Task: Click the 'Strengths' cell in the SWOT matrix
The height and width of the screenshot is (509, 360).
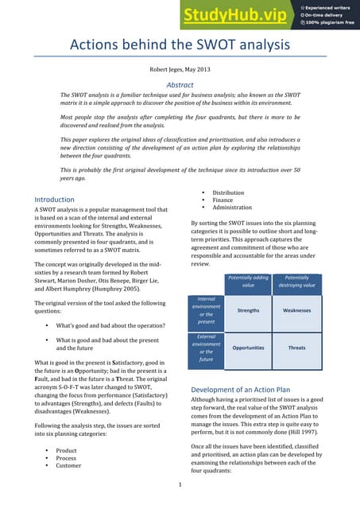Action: click(248, 311)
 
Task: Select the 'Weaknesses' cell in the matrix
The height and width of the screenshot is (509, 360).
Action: click(296, 311)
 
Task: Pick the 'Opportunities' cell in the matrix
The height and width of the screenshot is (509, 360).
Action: click(248, 348)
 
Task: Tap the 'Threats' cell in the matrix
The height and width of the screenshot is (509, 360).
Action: click(296, 348)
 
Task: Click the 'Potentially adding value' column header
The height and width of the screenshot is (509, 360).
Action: click(248, 281)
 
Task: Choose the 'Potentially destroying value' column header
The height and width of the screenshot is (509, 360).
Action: click(296, 281)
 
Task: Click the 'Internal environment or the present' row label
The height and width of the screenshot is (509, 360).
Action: click(207, 311)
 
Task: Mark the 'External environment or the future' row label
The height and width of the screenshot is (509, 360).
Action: click(207, 348)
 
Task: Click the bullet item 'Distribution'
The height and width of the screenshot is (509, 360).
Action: click(228, 192)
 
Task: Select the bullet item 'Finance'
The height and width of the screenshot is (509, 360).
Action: click(223, 200)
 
